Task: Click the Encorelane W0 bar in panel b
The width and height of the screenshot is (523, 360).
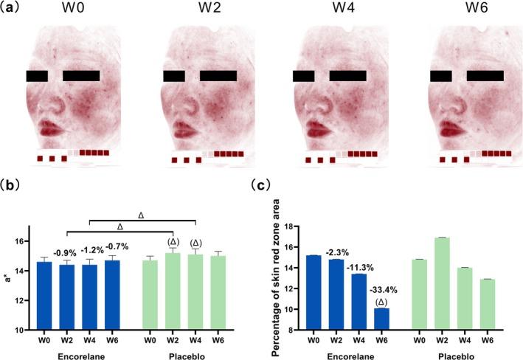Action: (44, 295)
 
